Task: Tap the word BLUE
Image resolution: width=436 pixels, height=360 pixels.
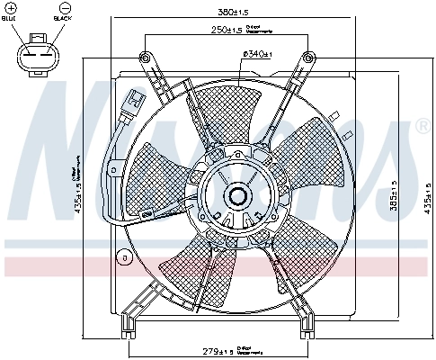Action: [12, 18]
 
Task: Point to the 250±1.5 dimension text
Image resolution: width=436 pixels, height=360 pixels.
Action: [226, 31]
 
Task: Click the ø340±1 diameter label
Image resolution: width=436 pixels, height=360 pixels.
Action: [257, 54]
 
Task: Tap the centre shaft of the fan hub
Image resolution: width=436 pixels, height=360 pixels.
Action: [240, 193]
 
